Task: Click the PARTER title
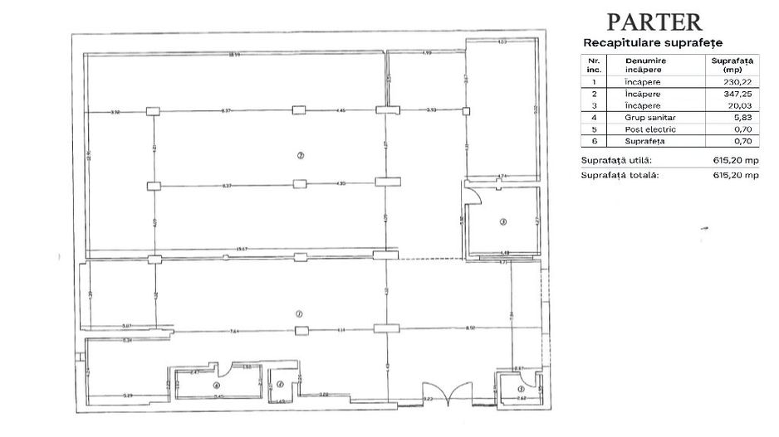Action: (x=654, y=22)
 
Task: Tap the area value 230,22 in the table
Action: (x=732, y=82)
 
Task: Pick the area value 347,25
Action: (x=732, y=94)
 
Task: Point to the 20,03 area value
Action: (x=732, y=105)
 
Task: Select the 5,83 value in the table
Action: (x=732, y=118)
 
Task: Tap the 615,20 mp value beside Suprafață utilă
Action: (x=736, y=159)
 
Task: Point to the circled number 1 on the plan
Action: (x=297, y=313)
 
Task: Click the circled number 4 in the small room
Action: (x=217, y=385)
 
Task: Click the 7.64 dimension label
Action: (x=235, y=330)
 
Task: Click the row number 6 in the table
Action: (x=593, y=141)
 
